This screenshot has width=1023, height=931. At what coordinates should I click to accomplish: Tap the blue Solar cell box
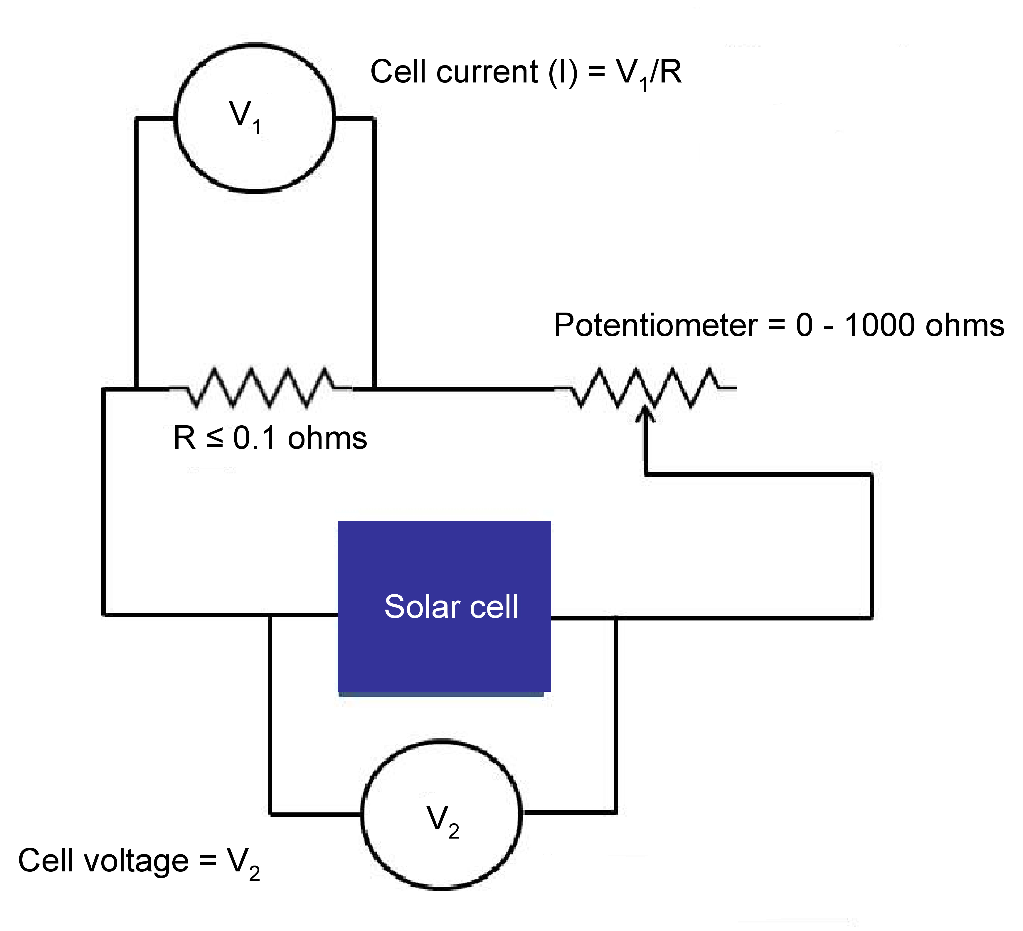click(445, 607)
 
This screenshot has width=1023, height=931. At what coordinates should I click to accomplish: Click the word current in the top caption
click(486, 72)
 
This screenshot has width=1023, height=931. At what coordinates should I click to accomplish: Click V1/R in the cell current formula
click(649, 73)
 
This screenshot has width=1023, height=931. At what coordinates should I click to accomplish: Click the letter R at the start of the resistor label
click(184, 438)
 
